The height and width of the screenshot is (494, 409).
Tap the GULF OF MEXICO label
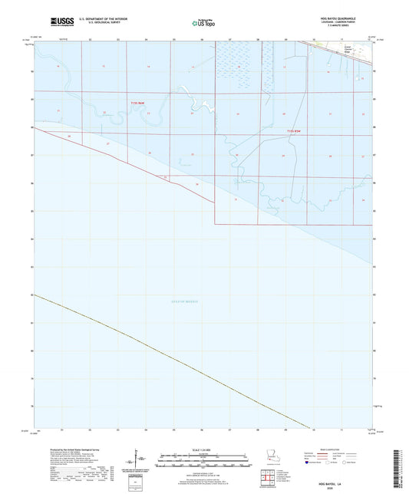click(184, 301)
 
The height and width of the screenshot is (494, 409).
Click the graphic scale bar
click(204, 462)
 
